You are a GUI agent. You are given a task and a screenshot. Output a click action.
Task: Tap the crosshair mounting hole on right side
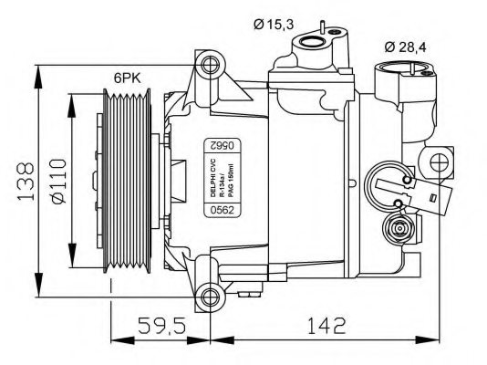coord(440,165)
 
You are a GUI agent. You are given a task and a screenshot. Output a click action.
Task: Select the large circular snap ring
coord(387,182)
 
